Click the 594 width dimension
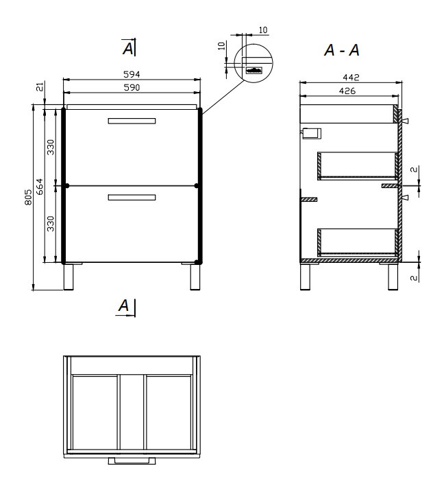coord(132,74)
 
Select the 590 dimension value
coord(132,87)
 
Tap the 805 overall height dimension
coord(28,197)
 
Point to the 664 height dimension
coord(39,187)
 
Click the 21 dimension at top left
coord(40,86)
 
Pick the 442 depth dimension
coord(351,78)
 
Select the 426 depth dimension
coord(347,91)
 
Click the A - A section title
coord(342,50)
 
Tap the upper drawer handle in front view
coord(132,121)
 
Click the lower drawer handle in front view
coord(132,198)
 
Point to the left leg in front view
coord(69,277)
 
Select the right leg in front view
coord(195,277)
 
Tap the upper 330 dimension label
coord(51,147)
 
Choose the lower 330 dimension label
coord(51,223)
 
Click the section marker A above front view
coord(129,48)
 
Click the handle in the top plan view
coord(132,461)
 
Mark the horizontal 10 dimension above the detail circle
coord(263,30)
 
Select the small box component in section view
coord(311,134)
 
